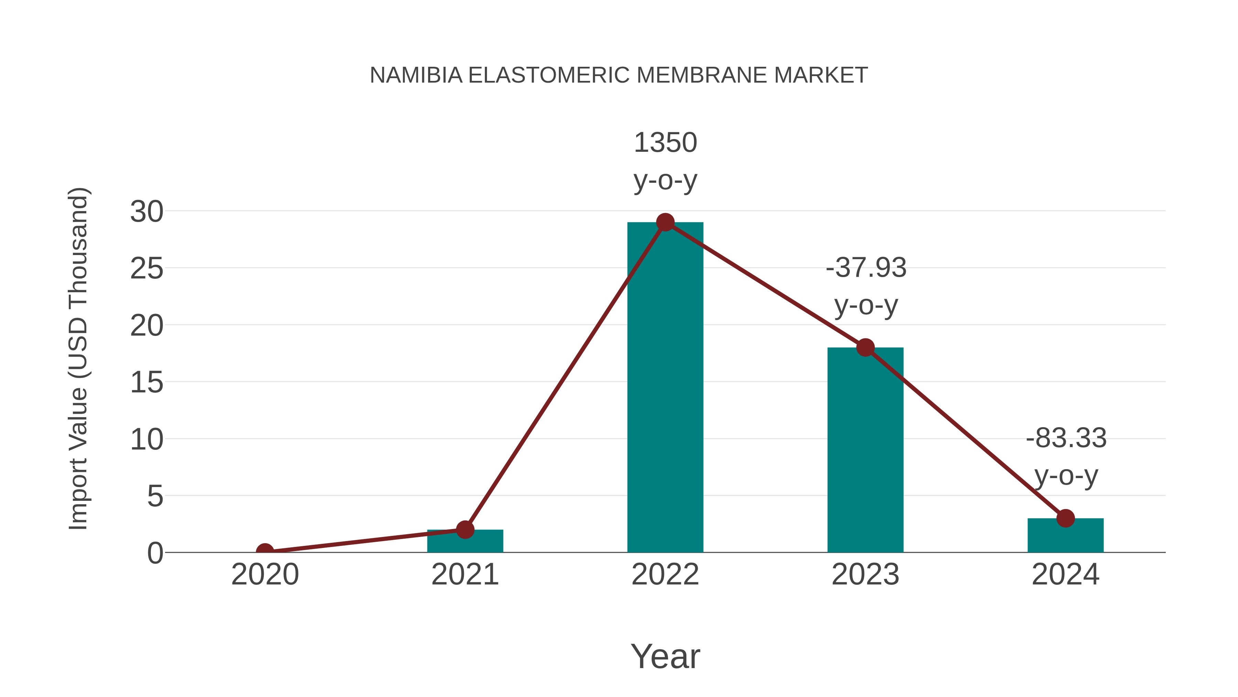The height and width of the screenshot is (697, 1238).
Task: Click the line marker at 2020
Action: click(265, 551)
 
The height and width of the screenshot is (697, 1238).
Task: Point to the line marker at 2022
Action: click(665, 222)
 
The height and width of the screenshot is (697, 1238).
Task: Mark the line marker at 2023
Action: click(865, 347)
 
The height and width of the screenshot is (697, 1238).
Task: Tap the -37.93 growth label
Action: click(866, 286)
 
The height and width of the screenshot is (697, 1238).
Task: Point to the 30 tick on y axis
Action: click(146, 212)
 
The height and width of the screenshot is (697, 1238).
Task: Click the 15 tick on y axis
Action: click(146, 383)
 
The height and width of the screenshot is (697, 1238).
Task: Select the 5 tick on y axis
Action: click(155, 496)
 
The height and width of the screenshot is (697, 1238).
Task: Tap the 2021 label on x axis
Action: click(465, 574)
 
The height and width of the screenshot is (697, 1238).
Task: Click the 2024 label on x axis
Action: click(1065, 574)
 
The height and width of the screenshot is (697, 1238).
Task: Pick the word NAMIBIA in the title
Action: click(416, 75)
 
